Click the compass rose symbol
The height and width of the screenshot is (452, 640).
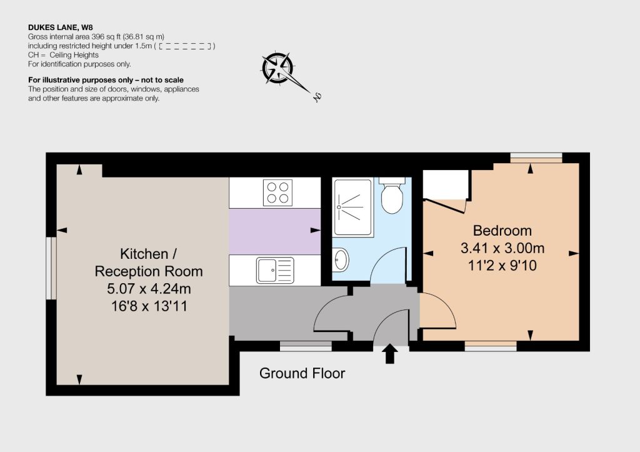[x=278, y=68]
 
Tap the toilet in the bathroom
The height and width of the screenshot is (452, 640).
[x=392, y=195]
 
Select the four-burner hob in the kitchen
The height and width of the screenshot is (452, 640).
[x=277, y=193]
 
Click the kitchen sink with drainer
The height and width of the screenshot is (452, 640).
[x=275, y=270]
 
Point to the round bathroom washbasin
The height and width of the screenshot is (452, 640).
[x=341, y=259]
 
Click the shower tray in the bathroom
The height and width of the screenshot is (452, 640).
[x=353, y=208]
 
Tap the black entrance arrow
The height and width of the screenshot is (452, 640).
[x=390, y=353]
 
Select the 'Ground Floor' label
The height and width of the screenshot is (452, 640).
[x=302, y=373]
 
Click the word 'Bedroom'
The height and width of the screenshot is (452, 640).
[x=502, y=231]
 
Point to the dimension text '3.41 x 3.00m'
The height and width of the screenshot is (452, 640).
[x=502, y=248]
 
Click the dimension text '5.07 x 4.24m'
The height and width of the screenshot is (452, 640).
[x=149, y=289]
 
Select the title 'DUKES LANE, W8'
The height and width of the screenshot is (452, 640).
[x=61, y=28]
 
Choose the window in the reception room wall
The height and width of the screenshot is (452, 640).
[x=51, y=268]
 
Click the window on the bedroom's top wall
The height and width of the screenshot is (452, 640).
[x=536, y=158]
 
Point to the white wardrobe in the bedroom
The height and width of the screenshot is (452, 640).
[x=445, y=184]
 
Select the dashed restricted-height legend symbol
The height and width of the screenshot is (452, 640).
[x=186, y=46]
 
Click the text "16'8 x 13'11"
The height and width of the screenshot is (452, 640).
[x=149, y=306]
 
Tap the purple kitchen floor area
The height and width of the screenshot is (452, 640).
[x=275, y=231]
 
